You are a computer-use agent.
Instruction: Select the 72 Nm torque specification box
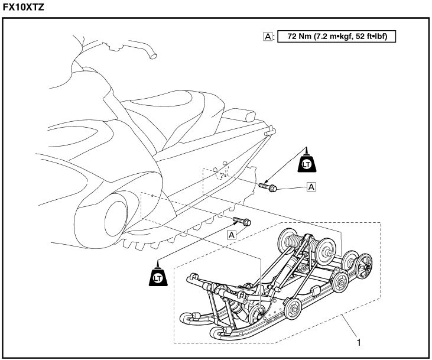[336, 36]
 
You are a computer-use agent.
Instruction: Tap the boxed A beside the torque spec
[268, 36]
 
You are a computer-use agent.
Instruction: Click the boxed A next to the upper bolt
[310, 187]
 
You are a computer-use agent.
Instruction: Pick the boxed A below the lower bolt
[232, 234]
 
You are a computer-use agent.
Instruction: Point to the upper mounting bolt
[270, 187]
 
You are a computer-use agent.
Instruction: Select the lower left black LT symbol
[158, 276]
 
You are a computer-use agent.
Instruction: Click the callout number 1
[358, 341]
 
